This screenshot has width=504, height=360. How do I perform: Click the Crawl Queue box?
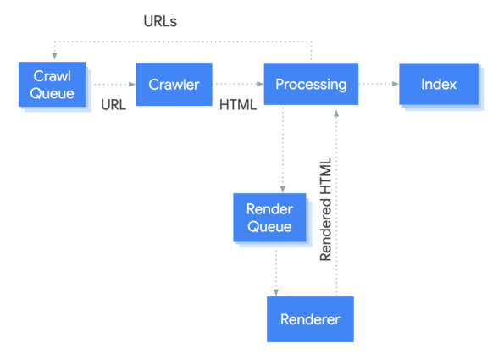click(53, 84)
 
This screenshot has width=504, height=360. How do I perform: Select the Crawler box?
click(174, 84)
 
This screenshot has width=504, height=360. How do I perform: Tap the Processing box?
click(311, 84)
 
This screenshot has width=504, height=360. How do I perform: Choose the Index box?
click(438, 84)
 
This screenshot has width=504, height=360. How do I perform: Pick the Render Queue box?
click(269, 217)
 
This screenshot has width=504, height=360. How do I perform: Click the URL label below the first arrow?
click(114, 106)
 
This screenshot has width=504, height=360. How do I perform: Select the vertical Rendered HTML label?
click(326, 208)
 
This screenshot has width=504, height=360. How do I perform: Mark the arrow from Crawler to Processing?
click(240, 85)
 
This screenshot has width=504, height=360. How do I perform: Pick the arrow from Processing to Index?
click(378, 85)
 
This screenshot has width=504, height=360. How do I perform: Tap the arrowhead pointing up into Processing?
click(337, 113)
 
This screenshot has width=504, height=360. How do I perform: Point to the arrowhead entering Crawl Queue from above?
click(53, 53)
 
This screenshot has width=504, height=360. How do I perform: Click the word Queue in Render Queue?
click(269, 226)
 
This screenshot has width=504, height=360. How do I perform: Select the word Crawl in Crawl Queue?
click(53, 75)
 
